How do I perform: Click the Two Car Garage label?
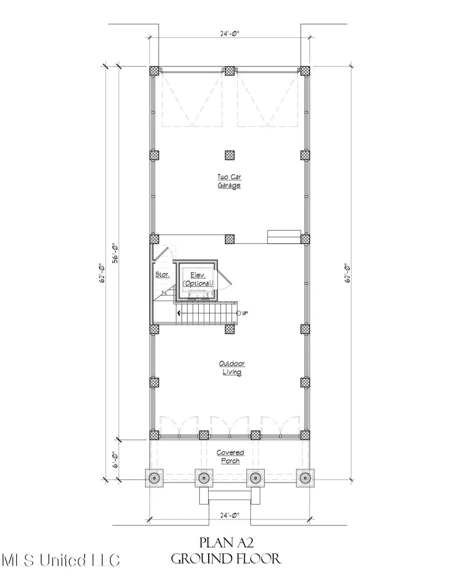click(x=230, y=181)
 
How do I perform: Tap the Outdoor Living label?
click(x=232, y=368)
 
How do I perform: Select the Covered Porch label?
click(x=231, y=457)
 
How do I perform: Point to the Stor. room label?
click(x=163, y=274)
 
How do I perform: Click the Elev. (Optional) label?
click(x=198, y=279)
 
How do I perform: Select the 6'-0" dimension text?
click(x=115, y=460)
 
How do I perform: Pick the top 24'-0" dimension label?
click(x=230, y=34)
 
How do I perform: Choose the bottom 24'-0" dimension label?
click(x=230, y=515)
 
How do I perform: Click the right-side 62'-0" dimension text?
click(x=347, y=273)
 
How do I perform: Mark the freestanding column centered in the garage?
click(x=230, y=154)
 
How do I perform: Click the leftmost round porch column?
click(x=154, y=478)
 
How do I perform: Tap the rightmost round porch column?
click(x=305, y=478)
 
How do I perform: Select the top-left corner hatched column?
click(x=154, y=71)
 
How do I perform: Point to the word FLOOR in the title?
click(x=258, y=559)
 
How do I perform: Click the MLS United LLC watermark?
click(x=61, y=560)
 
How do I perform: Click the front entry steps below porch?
click(x=230, y=496)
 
